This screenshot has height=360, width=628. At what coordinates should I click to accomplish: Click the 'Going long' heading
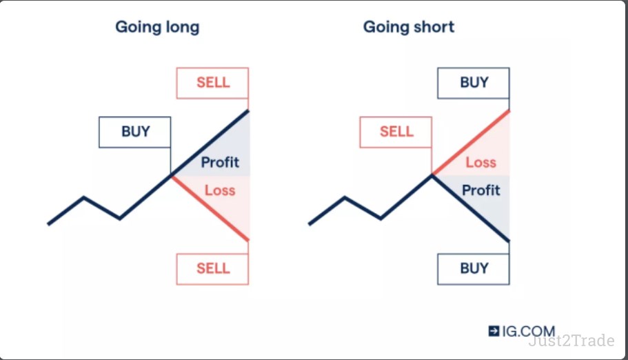pyautogui.click(x=157, y=28)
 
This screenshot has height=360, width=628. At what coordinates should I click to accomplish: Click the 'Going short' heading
pyautogui.click(x=409, y=27)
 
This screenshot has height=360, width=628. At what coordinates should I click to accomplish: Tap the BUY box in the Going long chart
pyautogui.click(x=135, y=132)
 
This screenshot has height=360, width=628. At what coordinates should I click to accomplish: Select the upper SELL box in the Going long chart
pyautogui.click(x=213, y=83)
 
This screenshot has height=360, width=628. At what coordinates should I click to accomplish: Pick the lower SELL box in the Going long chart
pyautogui.click(x=213, y=269)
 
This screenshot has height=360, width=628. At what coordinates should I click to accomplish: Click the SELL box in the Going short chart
pyautogui.click(x=396, y=132)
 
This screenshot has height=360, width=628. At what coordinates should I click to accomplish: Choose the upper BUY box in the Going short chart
pyautogui.click(x=474, y=83)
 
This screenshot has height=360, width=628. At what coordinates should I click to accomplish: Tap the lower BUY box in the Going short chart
pyautogui.click(x=474, y=269)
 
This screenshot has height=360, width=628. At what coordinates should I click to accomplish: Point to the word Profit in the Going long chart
pyautogui.click(x=220, y=162)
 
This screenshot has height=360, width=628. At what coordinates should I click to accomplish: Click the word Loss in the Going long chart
pyautogui.click(x=220, y=190)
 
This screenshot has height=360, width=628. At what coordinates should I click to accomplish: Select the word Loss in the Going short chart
pyautogui.click(x=481, y=162)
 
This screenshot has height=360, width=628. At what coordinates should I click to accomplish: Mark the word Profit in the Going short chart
pyautogui.click(x=481, y=190)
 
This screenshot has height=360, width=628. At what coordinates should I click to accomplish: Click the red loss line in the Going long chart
pyautogui.click(x=211, y=208)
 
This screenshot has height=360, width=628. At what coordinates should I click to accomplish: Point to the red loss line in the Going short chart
pyautogui.click(x=471, y=143)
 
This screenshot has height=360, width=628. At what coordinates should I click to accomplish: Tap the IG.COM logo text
pyautogui.click(x=529, y=331)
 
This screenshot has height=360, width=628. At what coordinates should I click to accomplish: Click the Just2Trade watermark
pyautogui.click(x=571, y=341)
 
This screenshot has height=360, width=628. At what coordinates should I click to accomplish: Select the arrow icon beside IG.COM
pyautogui.click(x=494, y=331)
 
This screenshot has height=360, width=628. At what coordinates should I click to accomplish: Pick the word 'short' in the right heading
pyautogui.click(x=434, y=27)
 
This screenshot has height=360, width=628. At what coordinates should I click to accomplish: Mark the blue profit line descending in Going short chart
pyautogui.click(x=471, y=208)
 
